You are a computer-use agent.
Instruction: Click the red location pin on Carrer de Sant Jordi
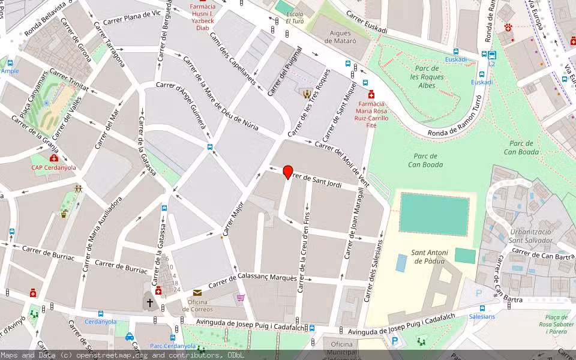coord(288,172)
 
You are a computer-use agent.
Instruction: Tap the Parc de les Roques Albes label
coord(427,77)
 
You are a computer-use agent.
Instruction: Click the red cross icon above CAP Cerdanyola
coord(54,158)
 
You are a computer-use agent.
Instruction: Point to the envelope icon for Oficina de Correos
coord(197,292)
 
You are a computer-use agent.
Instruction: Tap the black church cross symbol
coord(149,303)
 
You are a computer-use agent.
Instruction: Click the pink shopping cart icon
coord(241,297)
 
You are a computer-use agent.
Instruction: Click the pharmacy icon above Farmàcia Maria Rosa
coord(371,94)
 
